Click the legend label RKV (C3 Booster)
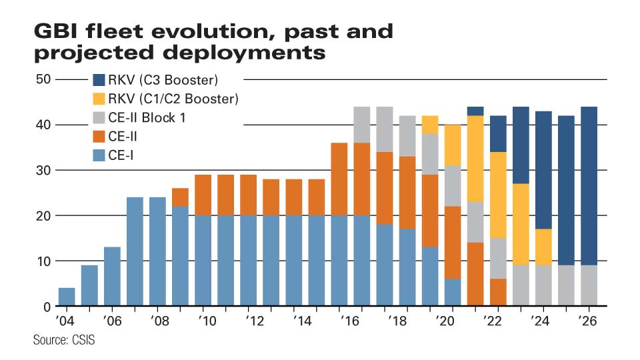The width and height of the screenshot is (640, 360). (163, 80)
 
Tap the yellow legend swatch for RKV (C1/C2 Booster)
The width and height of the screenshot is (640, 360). (99, 99)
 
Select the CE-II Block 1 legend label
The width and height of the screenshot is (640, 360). (147, 117)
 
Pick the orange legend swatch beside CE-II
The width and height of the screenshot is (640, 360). (99, 136)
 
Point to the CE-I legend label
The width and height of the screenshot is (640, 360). (121, 155)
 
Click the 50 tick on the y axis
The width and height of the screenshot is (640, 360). (43, 79)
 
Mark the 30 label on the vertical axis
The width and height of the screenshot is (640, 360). (43, 170)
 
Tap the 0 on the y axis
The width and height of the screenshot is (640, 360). (47, 307)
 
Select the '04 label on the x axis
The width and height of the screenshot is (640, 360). (66, 321)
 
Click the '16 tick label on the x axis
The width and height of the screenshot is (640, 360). (350, 321)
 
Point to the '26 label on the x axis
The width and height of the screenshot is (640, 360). (588, 321)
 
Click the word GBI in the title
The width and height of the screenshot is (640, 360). (56, 31)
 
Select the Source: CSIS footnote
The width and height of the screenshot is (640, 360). (64, 340)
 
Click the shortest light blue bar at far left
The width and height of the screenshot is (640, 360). (67, 297)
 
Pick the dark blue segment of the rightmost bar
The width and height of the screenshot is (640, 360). (589, 186)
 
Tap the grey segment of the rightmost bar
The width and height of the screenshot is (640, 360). (589, 285)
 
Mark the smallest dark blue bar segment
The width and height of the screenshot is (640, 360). (475, 111)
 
